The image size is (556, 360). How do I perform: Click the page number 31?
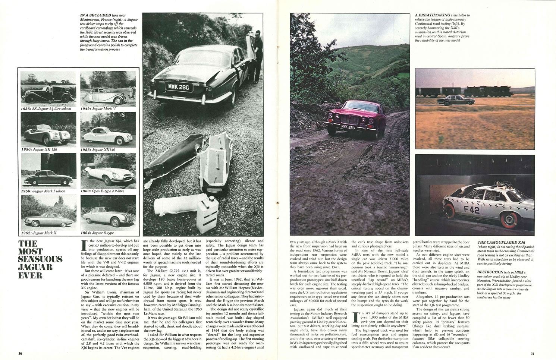point(533,354)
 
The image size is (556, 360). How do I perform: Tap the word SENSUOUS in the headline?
point(40,259)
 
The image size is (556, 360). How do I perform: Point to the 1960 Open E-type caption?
point(102,191)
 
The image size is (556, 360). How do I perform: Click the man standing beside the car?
point(256,56)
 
